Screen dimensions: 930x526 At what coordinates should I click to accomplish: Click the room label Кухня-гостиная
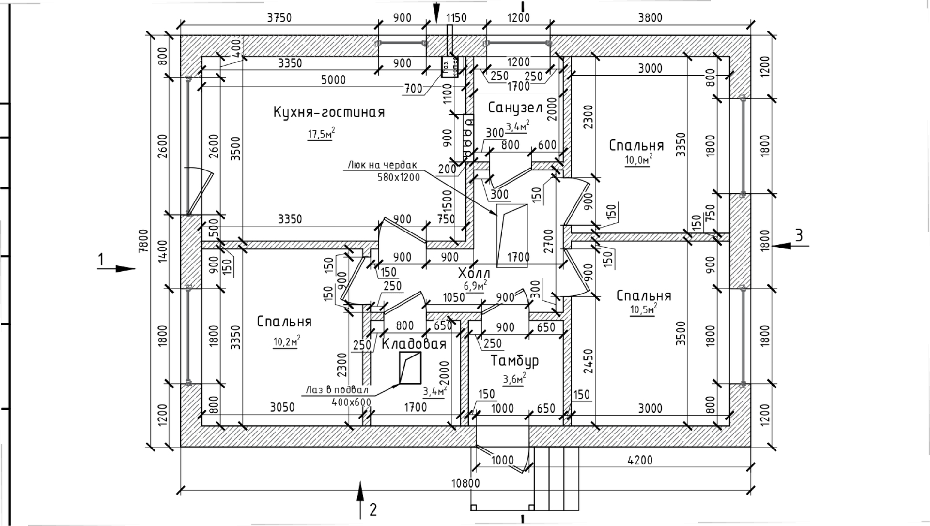[329, 112]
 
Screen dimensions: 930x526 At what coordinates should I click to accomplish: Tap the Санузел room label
[515, 108]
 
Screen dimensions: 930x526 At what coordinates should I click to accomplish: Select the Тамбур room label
[514, 361]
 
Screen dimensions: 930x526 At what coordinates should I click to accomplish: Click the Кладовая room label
[414, 344]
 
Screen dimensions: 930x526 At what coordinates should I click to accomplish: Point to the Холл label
[474, 274]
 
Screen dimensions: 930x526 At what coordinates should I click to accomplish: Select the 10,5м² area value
[643, 309]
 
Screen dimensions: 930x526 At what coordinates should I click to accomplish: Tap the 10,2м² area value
[286, 342]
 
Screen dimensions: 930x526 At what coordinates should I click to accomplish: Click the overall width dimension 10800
[465, 483]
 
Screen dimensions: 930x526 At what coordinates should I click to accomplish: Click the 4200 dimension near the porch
[640, 460]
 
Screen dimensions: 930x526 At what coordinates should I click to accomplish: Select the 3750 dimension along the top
[279, 18]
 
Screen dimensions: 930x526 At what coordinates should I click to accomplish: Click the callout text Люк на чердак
[382, 165]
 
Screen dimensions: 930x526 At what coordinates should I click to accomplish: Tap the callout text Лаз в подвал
[337, 390]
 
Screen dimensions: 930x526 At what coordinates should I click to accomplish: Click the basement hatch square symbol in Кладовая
[409, 368]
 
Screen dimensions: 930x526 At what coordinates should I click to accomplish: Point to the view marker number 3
[799, 235]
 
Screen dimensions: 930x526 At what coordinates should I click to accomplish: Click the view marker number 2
[373, 510]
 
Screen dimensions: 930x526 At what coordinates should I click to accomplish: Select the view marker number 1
[101, 260]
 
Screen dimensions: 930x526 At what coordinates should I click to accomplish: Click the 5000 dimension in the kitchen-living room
[333, 80]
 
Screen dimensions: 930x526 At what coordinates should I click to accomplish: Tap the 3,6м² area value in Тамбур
[514, 379]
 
